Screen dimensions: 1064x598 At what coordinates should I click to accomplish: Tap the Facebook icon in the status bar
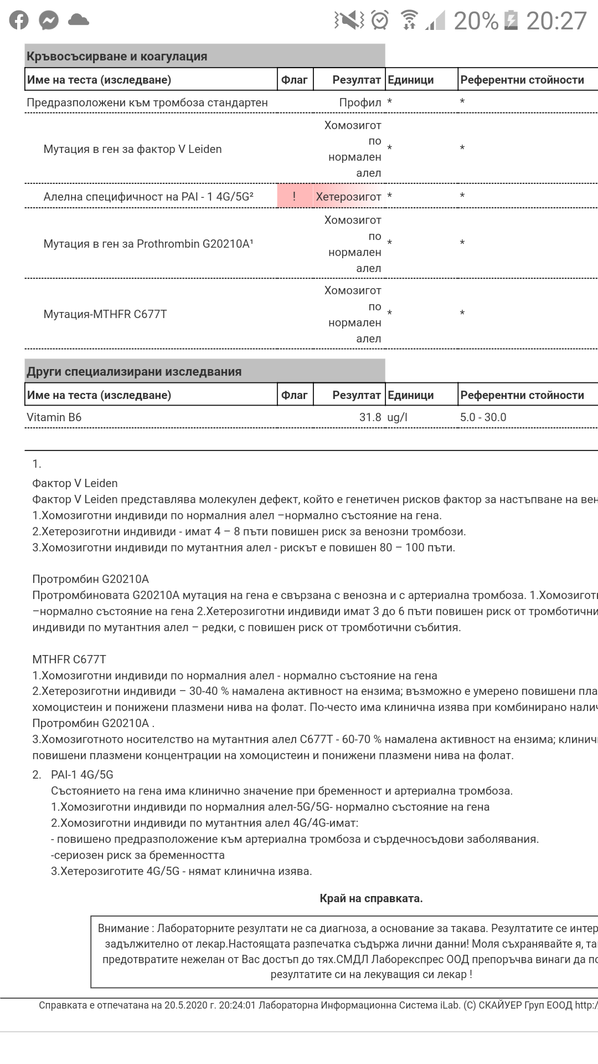point(18,21)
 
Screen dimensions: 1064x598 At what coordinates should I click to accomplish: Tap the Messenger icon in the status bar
point(49,21)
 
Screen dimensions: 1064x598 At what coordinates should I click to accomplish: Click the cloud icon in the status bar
point(79,21)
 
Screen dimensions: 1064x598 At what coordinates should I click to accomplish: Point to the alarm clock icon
point(380,21)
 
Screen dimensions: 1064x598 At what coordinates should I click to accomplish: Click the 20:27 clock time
point(556,21)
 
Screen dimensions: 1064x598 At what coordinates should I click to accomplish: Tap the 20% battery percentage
point(476,21)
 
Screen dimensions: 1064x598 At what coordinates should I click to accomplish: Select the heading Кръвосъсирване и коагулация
point(117,57)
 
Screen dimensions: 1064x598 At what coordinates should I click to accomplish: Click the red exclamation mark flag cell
point(295,196)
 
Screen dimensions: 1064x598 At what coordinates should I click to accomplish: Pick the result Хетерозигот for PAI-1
point(348,197)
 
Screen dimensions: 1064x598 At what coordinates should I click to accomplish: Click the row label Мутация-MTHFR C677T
point(105,314)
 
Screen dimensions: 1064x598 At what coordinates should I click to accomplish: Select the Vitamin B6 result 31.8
point(370,417)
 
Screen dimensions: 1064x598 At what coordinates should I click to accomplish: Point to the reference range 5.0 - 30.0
point(483,417)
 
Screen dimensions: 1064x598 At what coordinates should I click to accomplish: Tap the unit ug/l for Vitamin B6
point(397,417)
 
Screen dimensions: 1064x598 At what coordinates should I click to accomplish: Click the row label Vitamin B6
point(54,417)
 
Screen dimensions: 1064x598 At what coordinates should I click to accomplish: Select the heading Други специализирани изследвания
point(134,371)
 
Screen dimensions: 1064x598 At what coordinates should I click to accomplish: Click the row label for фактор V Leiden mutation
point(132,149)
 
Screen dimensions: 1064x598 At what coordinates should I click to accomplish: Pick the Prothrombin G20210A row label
point(148,244)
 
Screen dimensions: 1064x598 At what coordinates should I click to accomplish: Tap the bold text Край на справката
point(371,898)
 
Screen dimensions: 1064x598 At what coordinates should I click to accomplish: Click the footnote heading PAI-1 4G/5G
point(82,775)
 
